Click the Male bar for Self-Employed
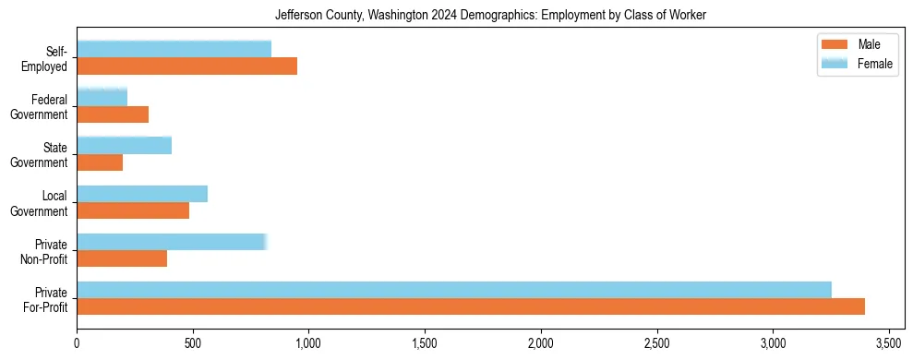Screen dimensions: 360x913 coord(186,66)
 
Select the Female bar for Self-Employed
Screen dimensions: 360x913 coord(174,49)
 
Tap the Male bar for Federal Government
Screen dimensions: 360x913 coord(113,114)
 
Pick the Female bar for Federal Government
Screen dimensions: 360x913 coord(102,97)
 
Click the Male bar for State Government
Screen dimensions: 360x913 coord(100,162)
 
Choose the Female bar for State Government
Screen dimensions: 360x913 coord(124,145)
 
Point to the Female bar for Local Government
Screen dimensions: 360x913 coord(142,193)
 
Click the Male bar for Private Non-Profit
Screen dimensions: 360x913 coord(122,258)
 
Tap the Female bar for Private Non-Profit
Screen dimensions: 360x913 coord(172,242)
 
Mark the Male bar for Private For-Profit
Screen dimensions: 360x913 coord(471,306)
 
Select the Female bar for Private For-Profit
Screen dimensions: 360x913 coord(454,290)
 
